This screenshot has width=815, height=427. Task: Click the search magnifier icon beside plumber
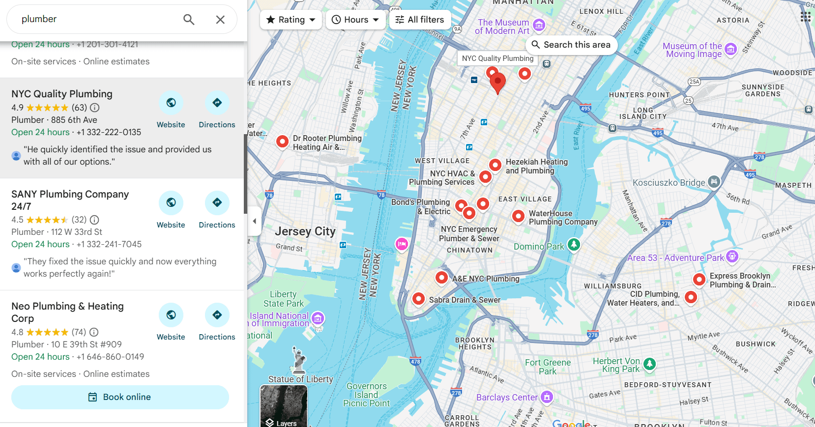point(189,20)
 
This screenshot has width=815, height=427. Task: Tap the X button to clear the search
point(220,20)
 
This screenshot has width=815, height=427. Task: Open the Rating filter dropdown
point(291,20)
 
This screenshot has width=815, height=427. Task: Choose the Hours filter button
point(355,20)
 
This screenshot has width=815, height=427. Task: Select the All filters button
point(420,20)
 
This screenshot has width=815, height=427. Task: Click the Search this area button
point(571,45)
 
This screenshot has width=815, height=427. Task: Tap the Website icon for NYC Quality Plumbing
point(171,103)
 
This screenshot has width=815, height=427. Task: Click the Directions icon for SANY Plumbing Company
point(217,202)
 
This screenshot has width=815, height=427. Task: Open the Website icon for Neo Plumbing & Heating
point(171,315)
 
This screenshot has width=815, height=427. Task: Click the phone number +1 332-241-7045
point(109,244)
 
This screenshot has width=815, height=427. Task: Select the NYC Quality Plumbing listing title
point(62,94)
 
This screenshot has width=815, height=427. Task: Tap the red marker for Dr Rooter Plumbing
point(282,142)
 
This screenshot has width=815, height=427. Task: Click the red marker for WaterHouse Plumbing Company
point(518,216)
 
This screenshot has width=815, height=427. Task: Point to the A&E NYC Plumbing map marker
point(441,278)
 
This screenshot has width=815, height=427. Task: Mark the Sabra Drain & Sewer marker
point(418,298)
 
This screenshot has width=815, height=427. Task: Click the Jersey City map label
point(305,231)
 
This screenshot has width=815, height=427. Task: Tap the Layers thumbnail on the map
point(284,406)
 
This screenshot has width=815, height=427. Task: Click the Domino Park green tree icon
point(574,244)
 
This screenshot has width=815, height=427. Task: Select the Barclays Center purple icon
point(547,397)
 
